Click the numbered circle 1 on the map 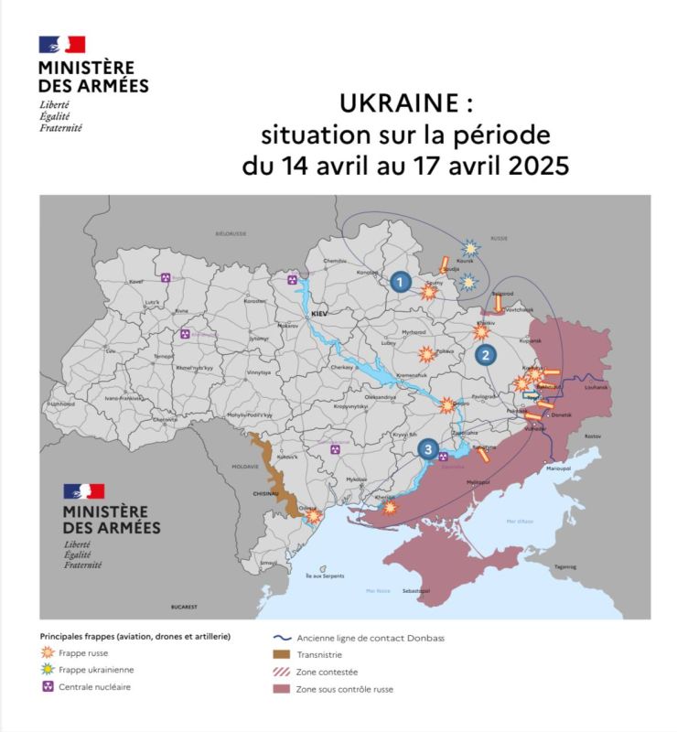pyautogui.click(x=399, y=282)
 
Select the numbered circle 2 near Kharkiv pyautogui.click(x=487, y=355)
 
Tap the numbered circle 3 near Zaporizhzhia pyautogui.click(x=426, y=448)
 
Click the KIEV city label pyautogui.click(x=319, y=313)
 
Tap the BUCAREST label pyautogui.click(x=184, y=607)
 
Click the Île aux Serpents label pyautogui.click(x=325, y=575)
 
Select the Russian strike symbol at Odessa pyautogui.click(x=315, y=517)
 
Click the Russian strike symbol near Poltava pyautogui.click(x=425, y=353)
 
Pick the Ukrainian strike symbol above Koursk pyautogui.click(x=470, y=247)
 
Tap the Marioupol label pyautogui.click(x=558, y=468)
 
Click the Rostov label pyautogui.click(x=593, y=436)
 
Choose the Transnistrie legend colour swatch pyautogui.click(x=282, y=654)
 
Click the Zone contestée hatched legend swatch pyautogui.click(x=282, y=672)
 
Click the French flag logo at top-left pyautogui.click(x=61, y=45)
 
